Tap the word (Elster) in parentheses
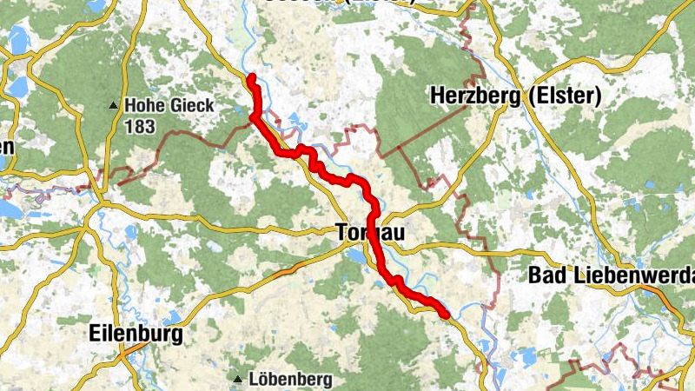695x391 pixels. point(563,96)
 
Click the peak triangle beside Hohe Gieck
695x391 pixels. point(113,106)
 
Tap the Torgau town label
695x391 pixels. point(368,233)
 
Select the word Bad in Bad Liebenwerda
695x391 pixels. point(547,276)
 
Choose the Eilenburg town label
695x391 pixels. point(136,334)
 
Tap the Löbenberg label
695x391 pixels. point(290,380)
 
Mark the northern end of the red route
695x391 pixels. point(250,78)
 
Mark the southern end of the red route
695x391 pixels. point(446,315)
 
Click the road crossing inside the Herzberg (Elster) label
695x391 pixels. point(524,97)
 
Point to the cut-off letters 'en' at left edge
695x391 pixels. point(6,148)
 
